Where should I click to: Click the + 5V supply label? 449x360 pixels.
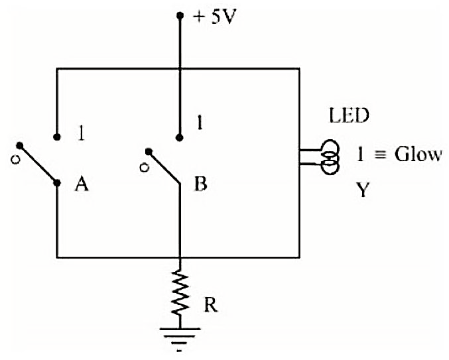click(x=214, y=18)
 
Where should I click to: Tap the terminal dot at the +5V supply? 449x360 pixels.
click(x=180, y=15)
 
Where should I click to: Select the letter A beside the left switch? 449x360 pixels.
click(x=82, y=184)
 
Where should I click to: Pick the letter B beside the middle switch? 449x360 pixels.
click(x=200, y=184)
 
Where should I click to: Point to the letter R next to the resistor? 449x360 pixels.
click(x=211, y=305)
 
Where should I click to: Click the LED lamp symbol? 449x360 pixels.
click(x=330, y=157)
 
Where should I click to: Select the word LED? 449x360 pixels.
click(x=350, y=115)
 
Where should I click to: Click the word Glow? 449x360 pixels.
click(x=418, y=154)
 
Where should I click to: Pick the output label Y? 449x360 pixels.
click(x=363, y=190)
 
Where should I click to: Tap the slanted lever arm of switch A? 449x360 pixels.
click(x=38, y=164)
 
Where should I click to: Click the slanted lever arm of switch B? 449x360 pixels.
click(x=164, y=168)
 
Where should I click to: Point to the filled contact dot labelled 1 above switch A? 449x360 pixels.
click(x=57, y=137)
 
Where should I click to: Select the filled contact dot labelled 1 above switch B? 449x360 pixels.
click(x=180, y=138)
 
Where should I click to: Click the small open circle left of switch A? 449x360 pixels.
click(x=15, y=160)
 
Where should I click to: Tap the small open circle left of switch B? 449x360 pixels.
click(x=145, y=168)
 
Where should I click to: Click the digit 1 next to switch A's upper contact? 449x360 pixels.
click(x=82, y=133)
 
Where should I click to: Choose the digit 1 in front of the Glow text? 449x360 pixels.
click(x=360, y=154)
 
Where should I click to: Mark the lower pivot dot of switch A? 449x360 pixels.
click(x=57, y=183)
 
